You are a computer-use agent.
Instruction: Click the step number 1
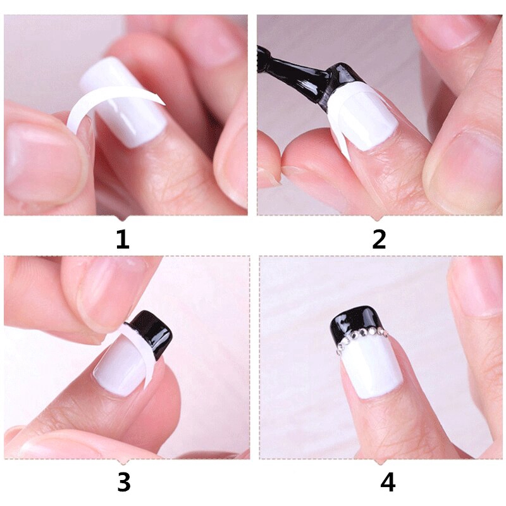tap(122, 240)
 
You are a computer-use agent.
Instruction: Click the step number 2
tap(379, 240)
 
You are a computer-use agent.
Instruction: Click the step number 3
tap(123, 483)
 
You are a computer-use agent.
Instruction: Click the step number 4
tap(387, 483)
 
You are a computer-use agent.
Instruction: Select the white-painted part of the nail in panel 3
tap(120, 367)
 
